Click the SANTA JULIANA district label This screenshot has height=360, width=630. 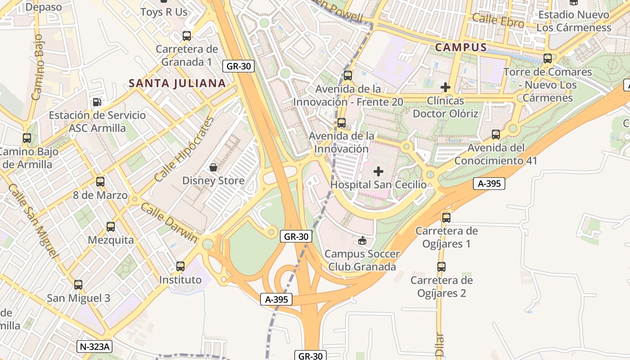coord(177,83)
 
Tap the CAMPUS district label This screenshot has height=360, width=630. coord(461,47)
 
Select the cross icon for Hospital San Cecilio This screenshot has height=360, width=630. coord(378,171)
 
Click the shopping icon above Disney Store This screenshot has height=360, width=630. coord(213,167)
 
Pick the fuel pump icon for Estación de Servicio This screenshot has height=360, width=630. coord(97,102)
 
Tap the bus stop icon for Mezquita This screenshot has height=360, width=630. coord(111,227)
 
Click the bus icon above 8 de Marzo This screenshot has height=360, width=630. coord(100,182)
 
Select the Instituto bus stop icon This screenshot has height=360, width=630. coord(180,266)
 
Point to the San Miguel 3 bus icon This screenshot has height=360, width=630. coord(78,285)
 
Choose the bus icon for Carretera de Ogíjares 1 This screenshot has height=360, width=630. coord(446,218)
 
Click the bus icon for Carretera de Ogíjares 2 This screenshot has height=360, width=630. coord(441,267)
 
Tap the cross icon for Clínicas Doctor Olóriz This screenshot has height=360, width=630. coord(445,87)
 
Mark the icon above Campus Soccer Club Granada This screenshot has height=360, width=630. coord(362,241)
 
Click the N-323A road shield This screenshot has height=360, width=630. coord(94,346)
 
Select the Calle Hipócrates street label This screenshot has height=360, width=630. coord(184,149)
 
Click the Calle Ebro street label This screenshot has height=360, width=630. coord(498,21)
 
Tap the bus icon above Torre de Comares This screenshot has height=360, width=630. coord(547,58)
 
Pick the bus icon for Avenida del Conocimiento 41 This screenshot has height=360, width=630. coord(495,135)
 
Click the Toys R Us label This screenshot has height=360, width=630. coord(164,12)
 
